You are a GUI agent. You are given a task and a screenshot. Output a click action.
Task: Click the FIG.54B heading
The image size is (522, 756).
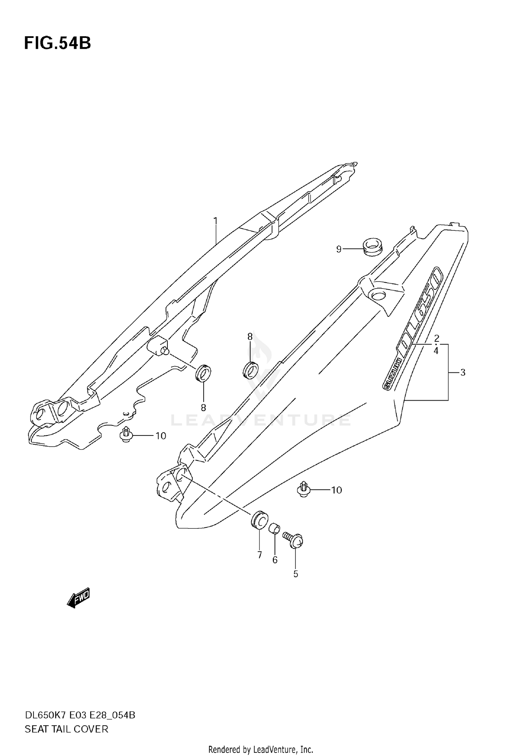(x=57, y=44)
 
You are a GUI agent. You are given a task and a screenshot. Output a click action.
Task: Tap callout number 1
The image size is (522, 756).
(x=215, y=221)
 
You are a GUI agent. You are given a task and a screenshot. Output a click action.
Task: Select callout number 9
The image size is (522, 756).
(x=339, y=249)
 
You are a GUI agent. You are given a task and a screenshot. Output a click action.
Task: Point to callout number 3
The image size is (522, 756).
(x=462, y=372)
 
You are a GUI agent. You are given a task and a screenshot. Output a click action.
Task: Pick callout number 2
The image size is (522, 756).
(x=436, y=338)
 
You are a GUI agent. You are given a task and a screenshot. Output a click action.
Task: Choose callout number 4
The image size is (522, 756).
(x=436, y=351)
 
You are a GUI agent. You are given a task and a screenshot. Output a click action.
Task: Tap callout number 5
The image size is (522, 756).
(x=295, y=574)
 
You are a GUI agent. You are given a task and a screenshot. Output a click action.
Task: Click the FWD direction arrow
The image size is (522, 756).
(x=79, y=598)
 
